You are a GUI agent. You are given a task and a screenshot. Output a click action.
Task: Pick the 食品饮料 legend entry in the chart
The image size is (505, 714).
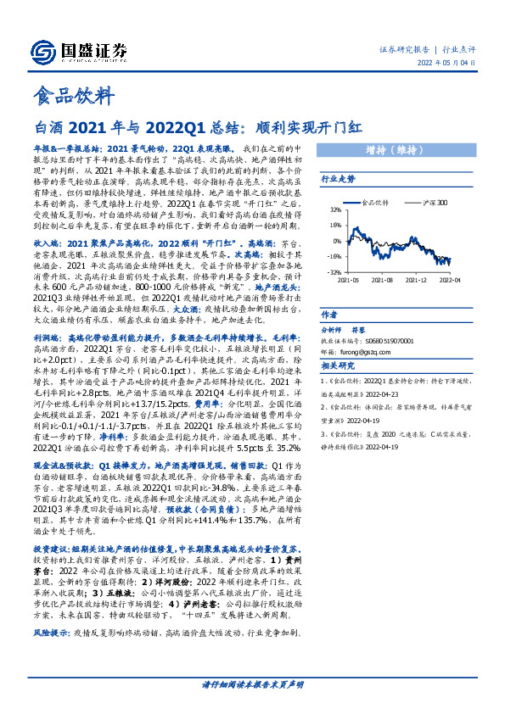(373, 204)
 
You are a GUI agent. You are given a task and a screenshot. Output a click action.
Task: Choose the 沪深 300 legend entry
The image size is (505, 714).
(435, 204)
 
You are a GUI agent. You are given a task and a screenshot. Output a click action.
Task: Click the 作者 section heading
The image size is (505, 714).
(330, 313)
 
